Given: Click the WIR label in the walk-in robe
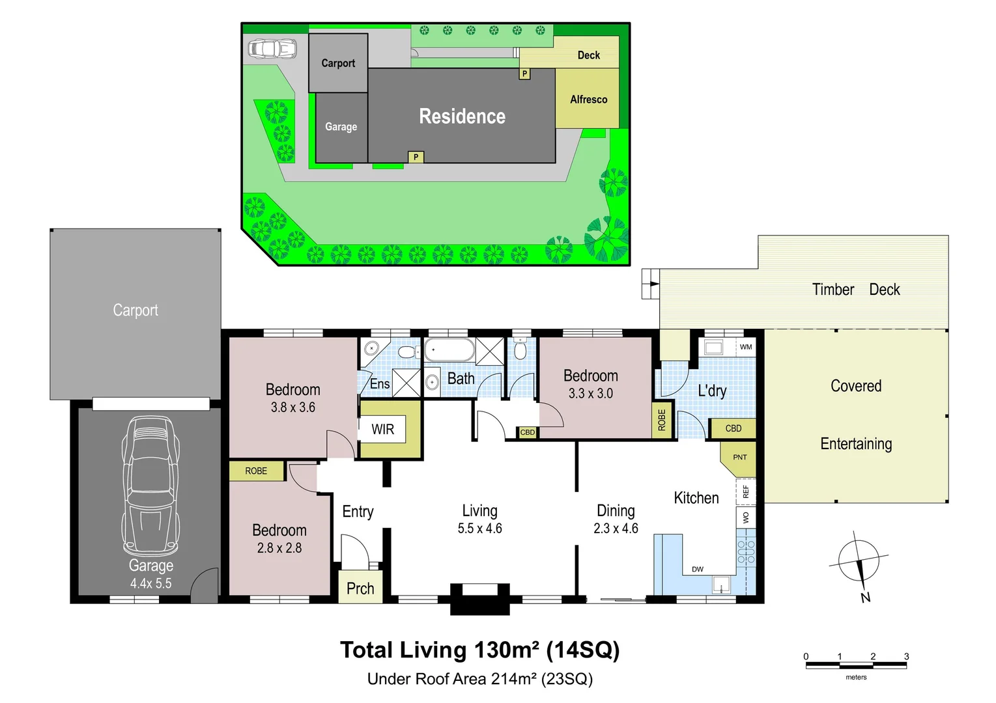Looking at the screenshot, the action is pos(382,429).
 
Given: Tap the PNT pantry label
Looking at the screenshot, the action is pos(740,457).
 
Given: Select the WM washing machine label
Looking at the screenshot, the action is pos(746,346).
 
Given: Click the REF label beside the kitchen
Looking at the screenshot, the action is pos(746,491).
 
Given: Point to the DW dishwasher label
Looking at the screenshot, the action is pos(697,570).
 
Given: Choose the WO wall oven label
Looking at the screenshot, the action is pos(746,517).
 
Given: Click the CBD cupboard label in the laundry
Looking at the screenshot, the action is pos(733,428).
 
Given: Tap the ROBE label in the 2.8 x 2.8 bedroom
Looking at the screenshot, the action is pos(256,471).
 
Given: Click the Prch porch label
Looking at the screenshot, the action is pos(360,589).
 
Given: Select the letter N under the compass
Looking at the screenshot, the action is pos(865,598).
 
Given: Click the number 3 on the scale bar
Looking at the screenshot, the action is pos(906,656).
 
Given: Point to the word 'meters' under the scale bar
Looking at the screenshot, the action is pos(856,677).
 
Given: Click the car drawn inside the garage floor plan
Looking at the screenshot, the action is pos(151,486).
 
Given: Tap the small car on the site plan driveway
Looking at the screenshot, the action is pos(272,49).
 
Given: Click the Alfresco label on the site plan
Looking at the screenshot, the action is pos(589,100).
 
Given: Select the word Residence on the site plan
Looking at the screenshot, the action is pos(462,117).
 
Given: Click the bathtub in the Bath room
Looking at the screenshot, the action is pos(449,350).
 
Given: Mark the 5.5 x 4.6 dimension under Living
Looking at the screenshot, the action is pos(480,529).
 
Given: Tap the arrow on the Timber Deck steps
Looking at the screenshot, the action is pos(653,284).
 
